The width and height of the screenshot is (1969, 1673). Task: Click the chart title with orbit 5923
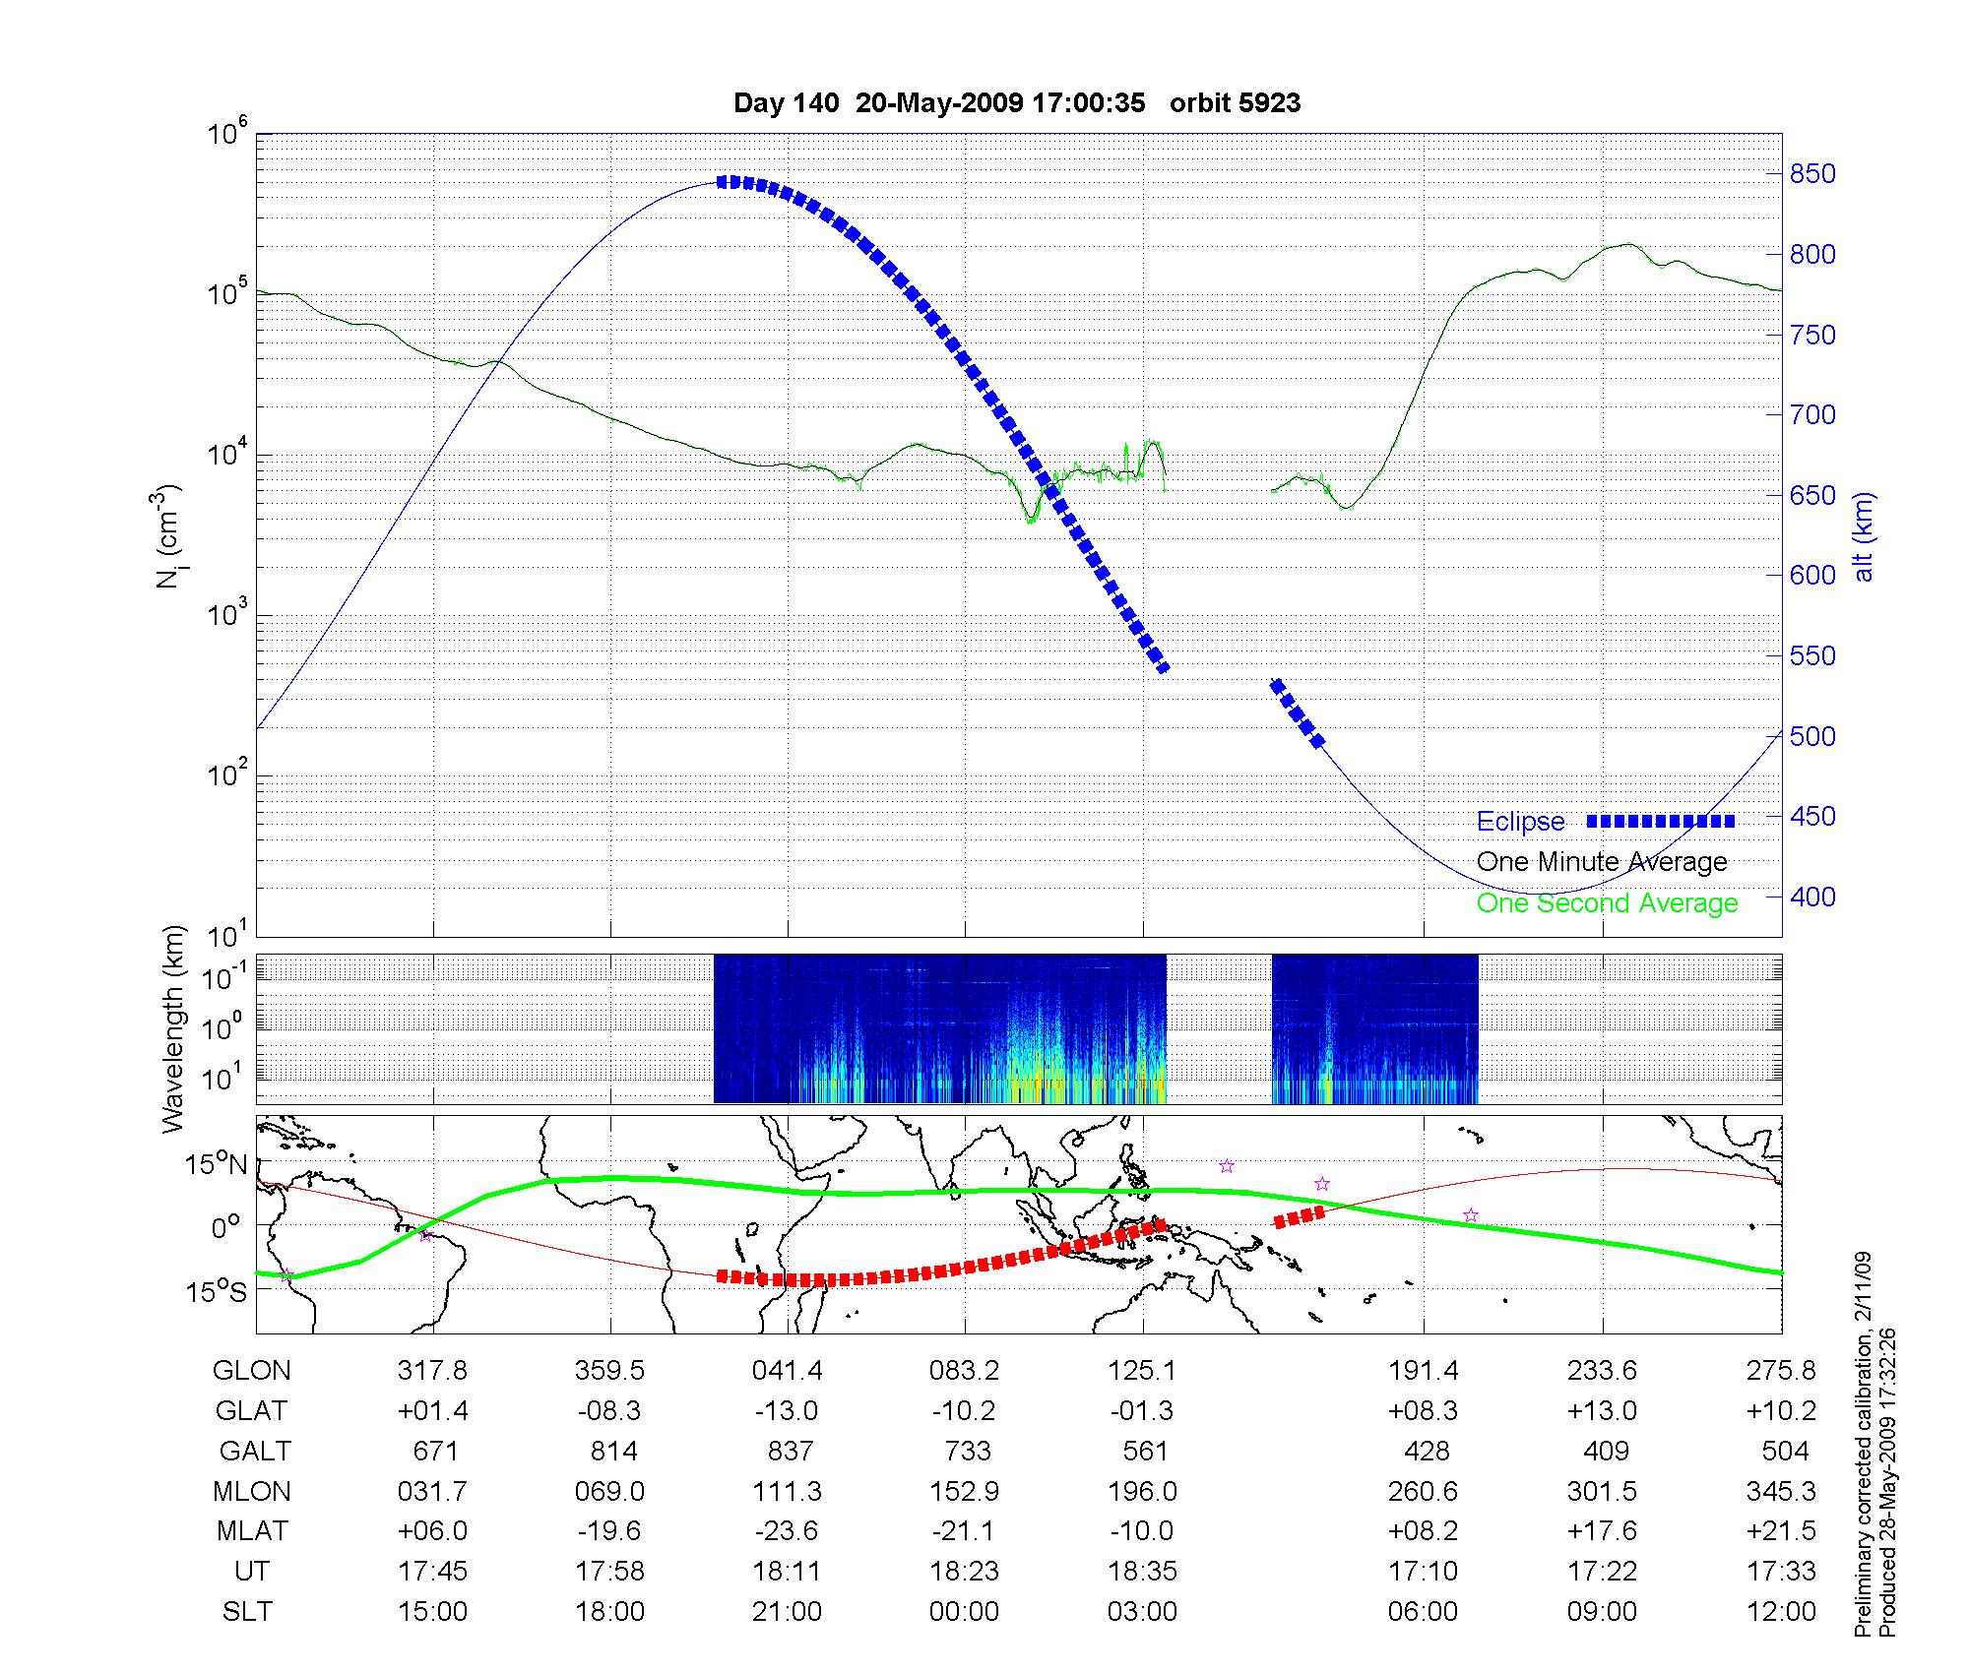click(1017, 103)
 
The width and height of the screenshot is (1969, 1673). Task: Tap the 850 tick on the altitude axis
click(1812, 174)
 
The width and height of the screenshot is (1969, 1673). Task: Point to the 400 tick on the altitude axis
click(1812, 897)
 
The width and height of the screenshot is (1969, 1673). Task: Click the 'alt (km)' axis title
click(1864, 536)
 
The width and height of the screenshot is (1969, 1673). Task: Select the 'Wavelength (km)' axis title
click(173, 1029)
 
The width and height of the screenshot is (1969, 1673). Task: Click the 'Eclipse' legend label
click(1520, 822)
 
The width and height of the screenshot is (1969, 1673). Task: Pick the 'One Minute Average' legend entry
click(1602, 862)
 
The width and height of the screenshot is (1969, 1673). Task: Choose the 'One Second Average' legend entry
click(1607, 903)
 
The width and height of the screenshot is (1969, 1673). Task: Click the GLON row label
click(251, 1370)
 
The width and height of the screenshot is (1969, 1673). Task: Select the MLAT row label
click(252, 1531)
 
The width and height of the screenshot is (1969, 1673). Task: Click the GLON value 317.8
click(432, 1370)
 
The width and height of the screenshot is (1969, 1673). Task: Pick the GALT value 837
click(790, 1451)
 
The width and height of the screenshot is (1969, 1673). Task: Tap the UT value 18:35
click(1142, 1572)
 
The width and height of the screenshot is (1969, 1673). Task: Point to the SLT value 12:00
click(1783, 1612)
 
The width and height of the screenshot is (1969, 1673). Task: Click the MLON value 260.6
click(1423, 1491)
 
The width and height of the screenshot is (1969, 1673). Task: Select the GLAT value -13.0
click(787, 1410)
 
